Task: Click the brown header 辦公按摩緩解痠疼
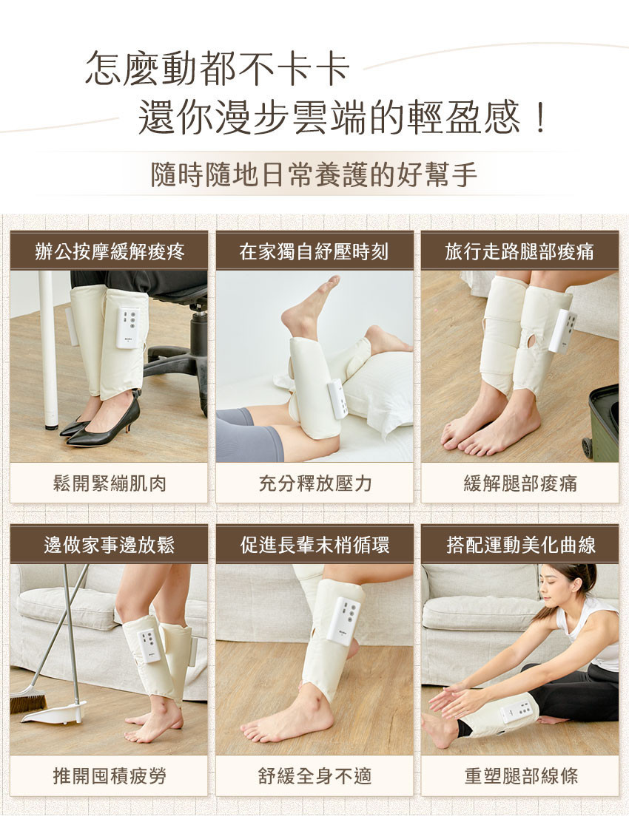point(109,251)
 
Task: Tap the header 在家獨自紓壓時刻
point(314,251)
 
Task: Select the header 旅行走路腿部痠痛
point(519,251)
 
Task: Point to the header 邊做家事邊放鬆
point(109,546)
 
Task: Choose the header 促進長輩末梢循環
point(314,546)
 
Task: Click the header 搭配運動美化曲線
point(520,546)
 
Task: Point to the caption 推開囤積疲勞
point(109,775)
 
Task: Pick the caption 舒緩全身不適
point(314,775)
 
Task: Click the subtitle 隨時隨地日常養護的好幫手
point(314,174)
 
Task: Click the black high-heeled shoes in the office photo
point(100,422)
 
